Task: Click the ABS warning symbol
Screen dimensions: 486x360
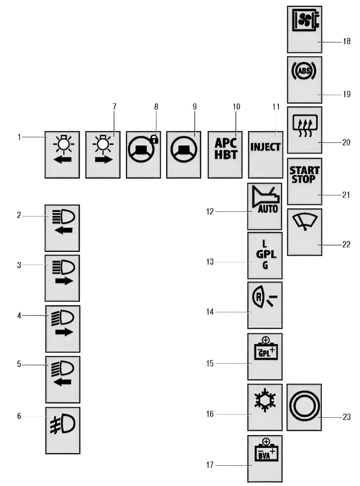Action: click(304, 71)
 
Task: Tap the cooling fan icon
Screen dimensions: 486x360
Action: click(305, 20)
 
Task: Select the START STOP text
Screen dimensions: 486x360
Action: click(304, 175)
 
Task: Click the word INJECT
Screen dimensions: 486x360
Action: click(265, 147)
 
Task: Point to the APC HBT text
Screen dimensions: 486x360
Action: click(226, 149)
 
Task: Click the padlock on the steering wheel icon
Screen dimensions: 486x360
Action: click(154, 139)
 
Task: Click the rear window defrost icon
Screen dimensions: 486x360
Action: click(304, 127)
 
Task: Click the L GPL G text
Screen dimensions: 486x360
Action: click(265, 255)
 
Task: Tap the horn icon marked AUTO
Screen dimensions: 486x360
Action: click(265, 200)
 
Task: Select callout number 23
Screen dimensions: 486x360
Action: click(347, 417)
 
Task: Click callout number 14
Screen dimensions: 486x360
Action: click(210, 312)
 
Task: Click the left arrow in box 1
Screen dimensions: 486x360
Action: click(62, 159)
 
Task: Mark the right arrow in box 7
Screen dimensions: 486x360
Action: click(103, 159)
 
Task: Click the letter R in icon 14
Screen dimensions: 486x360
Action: click(259, 296)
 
